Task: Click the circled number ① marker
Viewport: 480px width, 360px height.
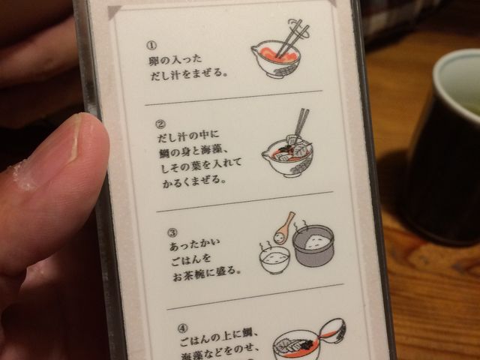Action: (151, 46)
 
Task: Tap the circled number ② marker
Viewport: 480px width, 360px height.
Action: (160, 124)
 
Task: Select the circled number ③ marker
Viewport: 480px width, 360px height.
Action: (172, 233)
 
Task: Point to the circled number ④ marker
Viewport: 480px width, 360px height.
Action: (182, 328)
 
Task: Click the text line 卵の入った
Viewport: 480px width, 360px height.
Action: (175, 60)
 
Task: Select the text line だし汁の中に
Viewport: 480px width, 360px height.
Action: (188, 136)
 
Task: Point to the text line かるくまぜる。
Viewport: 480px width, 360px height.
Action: (194, 181)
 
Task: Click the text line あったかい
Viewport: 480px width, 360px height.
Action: (195, 245)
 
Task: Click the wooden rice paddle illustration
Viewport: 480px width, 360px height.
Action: (283, 229)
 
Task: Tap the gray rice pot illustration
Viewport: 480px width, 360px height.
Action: (313, 246)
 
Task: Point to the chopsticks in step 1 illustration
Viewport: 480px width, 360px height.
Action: (291, 37)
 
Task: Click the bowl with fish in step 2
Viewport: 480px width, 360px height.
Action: (288, 157)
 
